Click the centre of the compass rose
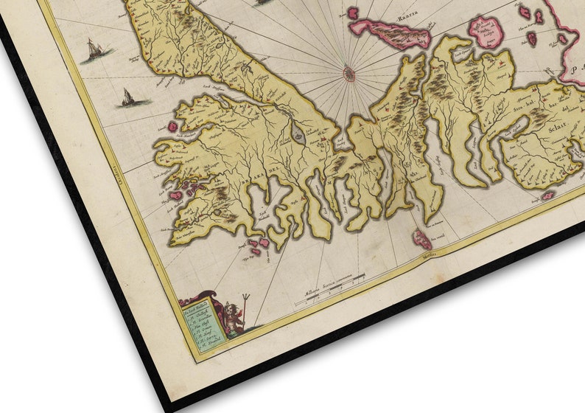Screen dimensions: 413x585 pos(348,73)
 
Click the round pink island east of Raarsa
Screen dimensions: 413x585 pos(487,32)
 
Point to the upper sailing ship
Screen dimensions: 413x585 pos(93,50)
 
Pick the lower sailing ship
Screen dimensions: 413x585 pos(127,97)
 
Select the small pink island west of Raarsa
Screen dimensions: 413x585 pos(353,13)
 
